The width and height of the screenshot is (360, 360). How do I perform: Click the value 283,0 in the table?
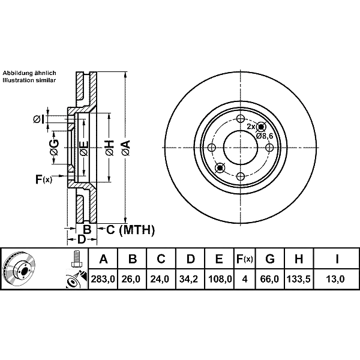point(103,279)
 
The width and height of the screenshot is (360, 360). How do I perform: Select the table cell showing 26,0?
point(131,279)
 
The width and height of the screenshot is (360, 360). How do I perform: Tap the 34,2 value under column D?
point(190,279)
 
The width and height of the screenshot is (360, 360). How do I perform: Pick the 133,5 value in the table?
point(299,279)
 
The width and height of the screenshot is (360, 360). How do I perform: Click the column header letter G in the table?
point(270,259)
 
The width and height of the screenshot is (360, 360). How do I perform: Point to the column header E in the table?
point(219,259)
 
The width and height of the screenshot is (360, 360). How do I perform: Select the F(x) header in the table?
point(245,259)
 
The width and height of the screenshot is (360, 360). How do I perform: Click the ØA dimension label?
point(126,148)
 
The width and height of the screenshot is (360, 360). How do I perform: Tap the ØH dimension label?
point(110,148)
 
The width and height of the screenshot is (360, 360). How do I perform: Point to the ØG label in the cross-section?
point(54,148)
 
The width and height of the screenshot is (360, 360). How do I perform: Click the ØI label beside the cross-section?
point(39,119)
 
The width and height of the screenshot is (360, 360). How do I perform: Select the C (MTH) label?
point(130,230)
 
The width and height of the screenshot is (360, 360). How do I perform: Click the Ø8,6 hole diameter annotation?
point(265,136)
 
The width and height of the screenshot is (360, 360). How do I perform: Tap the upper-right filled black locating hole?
point(261,127)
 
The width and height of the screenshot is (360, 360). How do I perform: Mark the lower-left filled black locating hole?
point(220,168)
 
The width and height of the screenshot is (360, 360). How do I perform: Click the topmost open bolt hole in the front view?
point(240,119)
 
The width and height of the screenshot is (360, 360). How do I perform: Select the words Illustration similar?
point(29,80)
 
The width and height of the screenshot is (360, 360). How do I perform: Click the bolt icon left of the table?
point(76,259)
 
